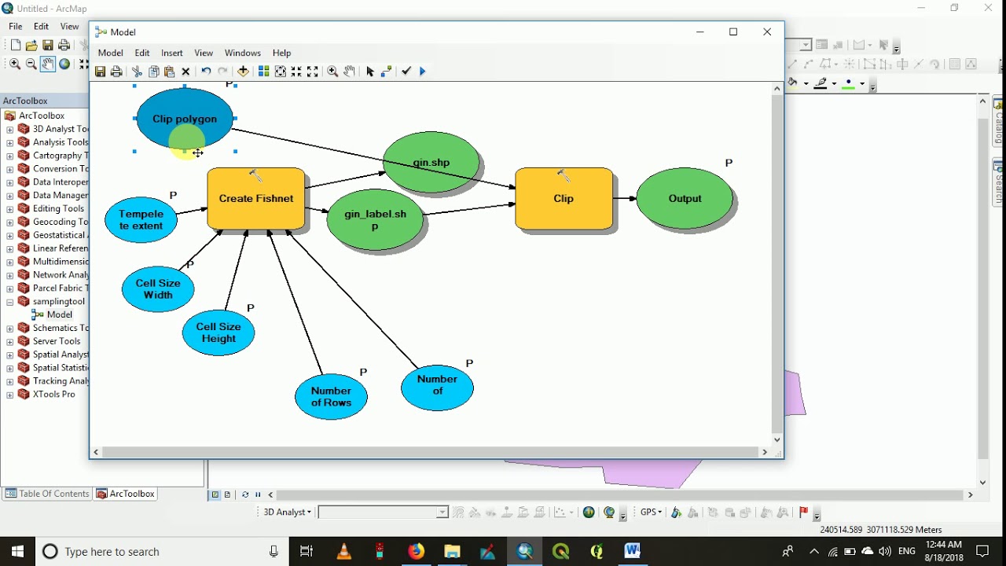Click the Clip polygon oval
(x=185, y=118)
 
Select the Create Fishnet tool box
(x=256, y=198)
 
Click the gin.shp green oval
(x=431, y=162)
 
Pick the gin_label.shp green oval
(x=375, y=219)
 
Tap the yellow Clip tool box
(x=564, y=198)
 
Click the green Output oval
(x=685, y=198)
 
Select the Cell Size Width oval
(x=158, y=289)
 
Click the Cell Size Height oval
(x=218, y=333)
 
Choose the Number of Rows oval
(x=331, y=396)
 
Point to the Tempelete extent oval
(x=141, y=219)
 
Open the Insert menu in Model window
(x=172, y=53)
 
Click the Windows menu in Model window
(x=242, y=53)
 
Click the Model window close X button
(x=767, y=31)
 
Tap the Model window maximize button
(x=733, y=31)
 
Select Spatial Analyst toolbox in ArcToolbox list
(x=60, y=355)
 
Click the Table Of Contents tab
(x=47, y=494)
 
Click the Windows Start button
(x=17, y=551)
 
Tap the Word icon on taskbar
(x=633, y=551)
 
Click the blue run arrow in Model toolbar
(x=423, y=72)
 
